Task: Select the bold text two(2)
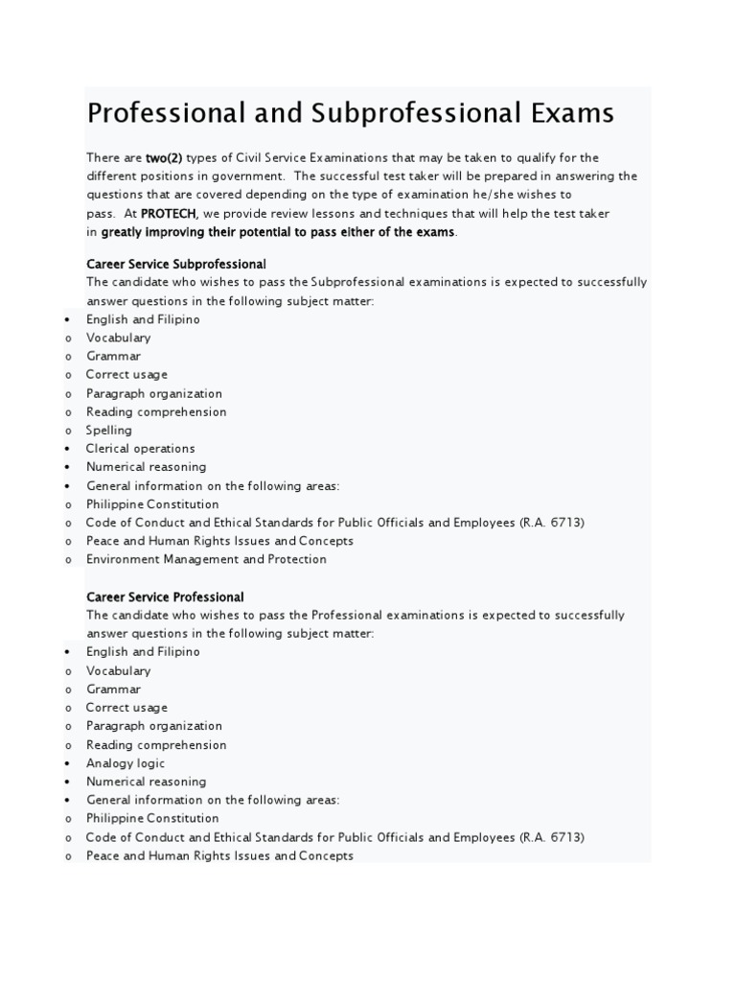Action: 164,158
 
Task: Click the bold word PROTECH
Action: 169,214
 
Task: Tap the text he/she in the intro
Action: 496,196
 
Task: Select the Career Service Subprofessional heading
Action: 176,264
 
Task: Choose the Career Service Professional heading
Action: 165,597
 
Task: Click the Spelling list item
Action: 109,431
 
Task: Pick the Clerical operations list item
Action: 140,449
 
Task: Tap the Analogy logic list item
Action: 126,763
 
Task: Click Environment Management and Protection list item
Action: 206,560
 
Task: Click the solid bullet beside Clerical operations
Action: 68,449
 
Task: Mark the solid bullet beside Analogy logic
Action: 68,763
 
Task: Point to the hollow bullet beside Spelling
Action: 68,431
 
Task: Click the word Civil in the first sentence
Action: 251,158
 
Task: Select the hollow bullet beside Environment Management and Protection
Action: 68,560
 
